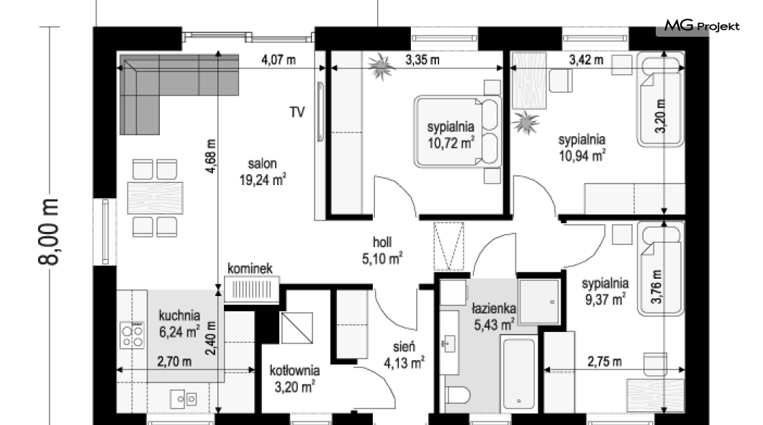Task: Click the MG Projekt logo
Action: point(702,26)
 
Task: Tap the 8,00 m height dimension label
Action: point(49,232)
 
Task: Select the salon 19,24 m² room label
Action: point(262,172)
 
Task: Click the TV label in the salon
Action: point(297,112)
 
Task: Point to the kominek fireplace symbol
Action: point(252,290)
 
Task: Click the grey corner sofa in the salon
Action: point(161,83)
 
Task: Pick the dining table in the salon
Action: point(155,197)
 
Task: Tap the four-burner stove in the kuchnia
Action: point(132,336)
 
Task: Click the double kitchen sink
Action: point(184,399)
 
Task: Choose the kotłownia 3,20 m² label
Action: point(295,379)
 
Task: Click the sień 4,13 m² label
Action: point(404,355)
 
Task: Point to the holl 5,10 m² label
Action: point(382,251)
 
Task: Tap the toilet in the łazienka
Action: point(457,395)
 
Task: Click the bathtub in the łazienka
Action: point(519,374)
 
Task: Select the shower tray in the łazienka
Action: point(539,301)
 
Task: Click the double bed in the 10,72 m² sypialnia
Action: point(457,131)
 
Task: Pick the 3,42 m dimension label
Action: point(587,60)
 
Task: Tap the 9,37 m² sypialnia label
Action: point(605,291)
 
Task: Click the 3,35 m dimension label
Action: point(423,60)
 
